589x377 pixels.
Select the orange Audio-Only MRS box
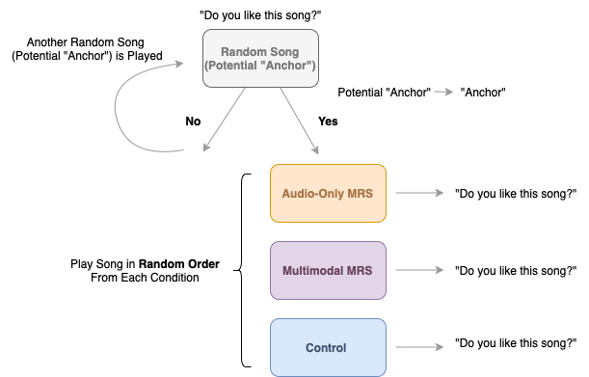328,193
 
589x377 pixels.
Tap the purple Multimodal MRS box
328,270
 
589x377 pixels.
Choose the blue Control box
328,347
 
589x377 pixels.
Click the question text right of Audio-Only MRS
515,193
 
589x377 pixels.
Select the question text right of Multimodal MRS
515,270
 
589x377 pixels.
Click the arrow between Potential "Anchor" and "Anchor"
442,93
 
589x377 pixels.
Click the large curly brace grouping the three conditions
246,269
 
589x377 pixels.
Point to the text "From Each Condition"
145,278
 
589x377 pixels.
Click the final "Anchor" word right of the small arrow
484,93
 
